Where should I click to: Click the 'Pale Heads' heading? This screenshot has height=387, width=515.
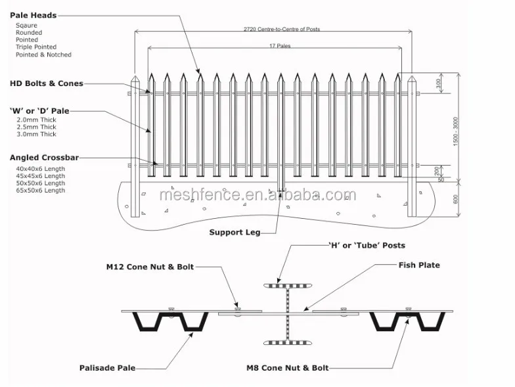point(34,14)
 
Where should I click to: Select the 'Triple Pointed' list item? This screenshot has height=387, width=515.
point(36,47)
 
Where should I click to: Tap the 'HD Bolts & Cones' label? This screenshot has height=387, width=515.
point(47,83)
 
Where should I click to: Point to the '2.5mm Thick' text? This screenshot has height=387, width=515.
point(36,127)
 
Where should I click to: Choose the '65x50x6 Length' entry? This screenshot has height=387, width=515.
point(41,191)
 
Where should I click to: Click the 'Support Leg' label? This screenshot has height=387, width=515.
point(235,232)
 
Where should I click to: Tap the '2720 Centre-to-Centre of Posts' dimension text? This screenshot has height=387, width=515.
point(274,30)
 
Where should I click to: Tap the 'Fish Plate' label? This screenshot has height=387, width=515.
point(419,265)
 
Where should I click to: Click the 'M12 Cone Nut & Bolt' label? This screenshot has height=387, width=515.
point(150,267)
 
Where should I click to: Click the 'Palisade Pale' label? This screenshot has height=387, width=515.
point(107,368)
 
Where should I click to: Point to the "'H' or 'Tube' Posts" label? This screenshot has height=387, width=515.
point(367,245)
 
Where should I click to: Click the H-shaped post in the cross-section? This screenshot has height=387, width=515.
point(286,314)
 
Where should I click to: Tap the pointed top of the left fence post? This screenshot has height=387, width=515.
point(136,80)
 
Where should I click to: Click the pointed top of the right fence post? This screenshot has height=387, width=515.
point(413,80)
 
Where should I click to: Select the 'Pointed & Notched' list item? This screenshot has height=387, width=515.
point(44,55)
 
